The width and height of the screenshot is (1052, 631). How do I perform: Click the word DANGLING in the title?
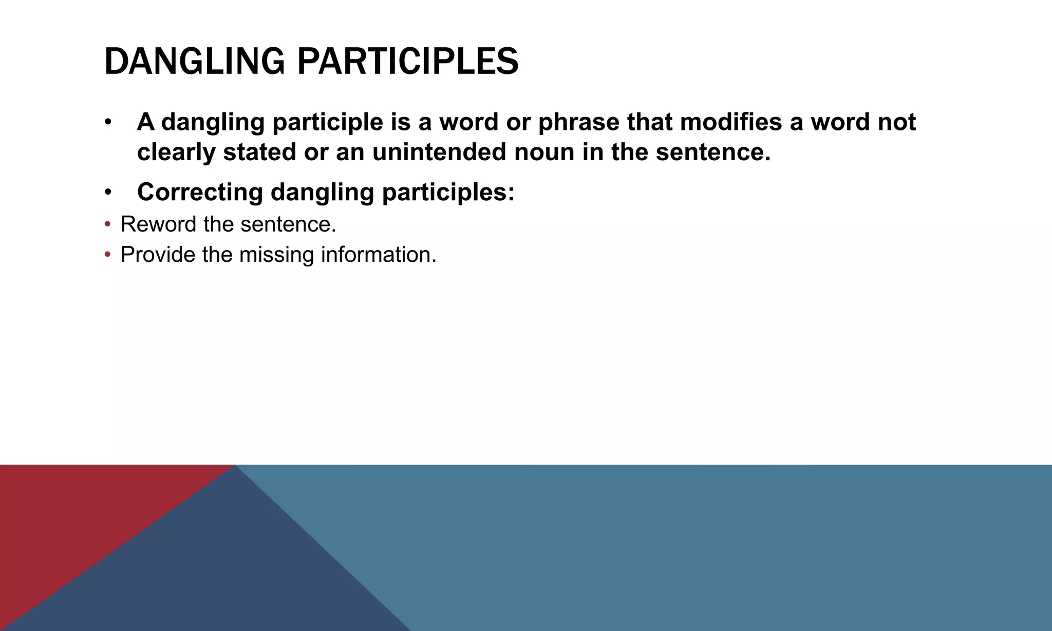194,62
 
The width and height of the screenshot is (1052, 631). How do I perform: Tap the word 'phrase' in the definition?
578,122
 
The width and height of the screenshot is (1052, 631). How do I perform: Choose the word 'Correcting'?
200,192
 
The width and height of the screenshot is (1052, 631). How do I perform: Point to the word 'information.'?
379,255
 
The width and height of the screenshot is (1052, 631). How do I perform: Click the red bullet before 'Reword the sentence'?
107,224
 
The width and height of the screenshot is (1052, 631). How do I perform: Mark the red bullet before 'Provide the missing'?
107,255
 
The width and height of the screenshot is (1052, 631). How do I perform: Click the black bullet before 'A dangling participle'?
107,123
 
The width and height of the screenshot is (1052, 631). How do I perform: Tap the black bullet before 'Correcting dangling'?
107,193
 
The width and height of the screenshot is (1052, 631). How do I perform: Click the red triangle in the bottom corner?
67,513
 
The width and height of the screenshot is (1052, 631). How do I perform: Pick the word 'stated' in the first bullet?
259,152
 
